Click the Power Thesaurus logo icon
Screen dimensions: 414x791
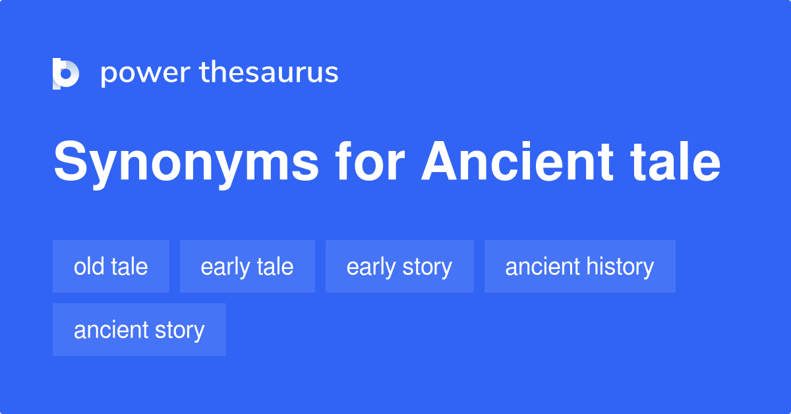click(66, 73)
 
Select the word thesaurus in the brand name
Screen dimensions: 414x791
click(269, 73)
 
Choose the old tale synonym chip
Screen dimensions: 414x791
click(111, 266)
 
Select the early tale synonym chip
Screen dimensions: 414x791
click(247, 266)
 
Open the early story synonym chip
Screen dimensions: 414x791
click(399, 266)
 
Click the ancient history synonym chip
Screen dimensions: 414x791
click(579, 266)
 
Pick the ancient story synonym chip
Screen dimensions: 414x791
click(139, 330)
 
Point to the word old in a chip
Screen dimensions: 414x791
click(88, 266)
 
